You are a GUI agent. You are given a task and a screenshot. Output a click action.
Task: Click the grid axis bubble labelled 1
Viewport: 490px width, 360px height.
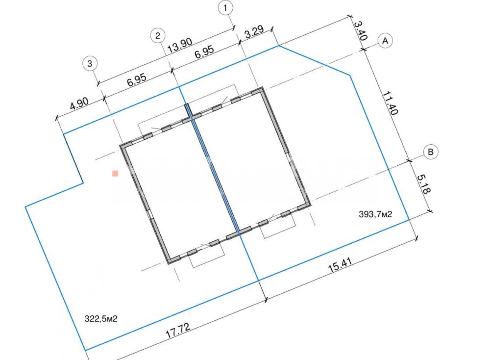pyautogui.click(x=226, y=8)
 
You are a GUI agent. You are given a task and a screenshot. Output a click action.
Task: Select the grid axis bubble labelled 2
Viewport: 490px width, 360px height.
pyautogui.click(x=158, y=36)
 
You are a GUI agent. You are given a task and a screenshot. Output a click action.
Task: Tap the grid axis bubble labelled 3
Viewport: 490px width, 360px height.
pyautogui.click(x=90, y=64)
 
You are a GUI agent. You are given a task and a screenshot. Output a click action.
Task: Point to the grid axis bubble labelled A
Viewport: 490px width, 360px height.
pyautogui.click(x=385, y=41)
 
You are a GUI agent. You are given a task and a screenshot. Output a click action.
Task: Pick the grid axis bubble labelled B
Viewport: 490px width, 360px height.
pyautogui.click(x=431, y=152)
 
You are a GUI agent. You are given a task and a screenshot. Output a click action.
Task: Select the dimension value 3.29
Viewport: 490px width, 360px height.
pyautogui.click(x=254, y=32)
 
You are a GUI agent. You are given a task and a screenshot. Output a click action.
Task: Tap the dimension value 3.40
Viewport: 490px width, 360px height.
pyautogui.click(x=360, y=30)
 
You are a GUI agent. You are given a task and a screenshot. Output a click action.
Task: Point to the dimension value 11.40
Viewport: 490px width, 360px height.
pyautogui.click(x=391, y=103)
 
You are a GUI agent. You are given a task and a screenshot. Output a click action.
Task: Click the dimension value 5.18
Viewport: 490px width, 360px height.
pyautogui.click(x=424, y=184)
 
